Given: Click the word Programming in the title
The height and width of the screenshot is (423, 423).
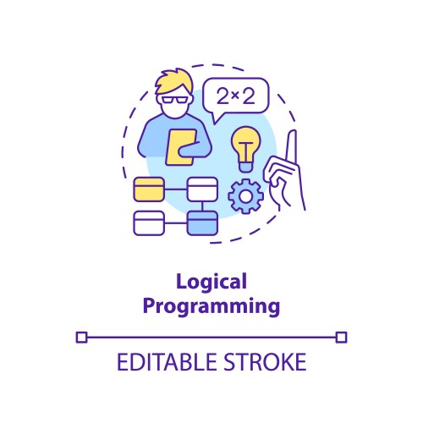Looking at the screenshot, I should point(211,305).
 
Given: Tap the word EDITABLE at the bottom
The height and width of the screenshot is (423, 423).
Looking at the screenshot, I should point(160,364).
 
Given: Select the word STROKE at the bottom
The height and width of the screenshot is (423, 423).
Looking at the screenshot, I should point(261,364).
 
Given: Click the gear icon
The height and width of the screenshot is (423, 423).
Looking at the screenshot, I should point(246,197).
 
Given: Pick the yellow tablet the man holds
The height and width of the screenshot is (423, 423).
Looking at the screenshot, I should point(180,146).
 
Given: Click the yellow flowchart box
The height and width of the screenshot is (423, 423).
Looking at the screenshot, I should point(150,189).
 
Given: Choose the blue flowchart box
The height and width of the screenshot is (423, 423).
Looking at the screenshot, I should point(201,223).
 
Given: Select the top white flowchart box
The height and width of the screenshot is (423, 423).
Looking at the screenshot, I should point(201,189).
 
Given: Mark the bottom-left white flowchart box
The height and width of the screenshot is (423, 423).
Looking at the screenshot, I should point(150,223).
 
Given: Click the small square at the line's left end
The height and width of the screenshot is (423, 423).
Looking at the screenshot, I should point(81,338).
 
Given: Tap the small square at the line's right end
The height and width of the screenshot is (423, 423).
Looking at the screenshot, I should point(341,338).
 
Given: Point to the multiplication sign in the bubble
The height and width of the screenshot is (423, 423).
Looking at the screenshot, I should point(236,96).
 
